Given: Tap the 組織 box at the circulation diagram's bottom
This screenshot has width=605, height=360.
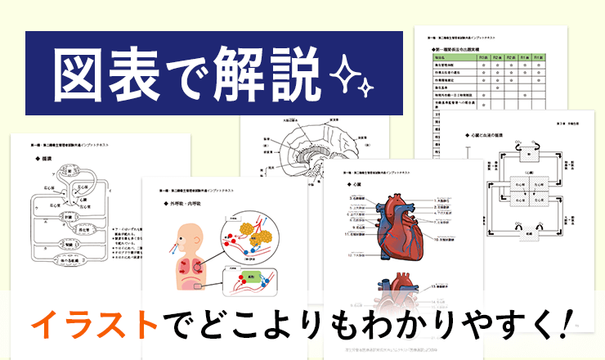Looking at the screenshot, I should [x=526, y=232].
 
